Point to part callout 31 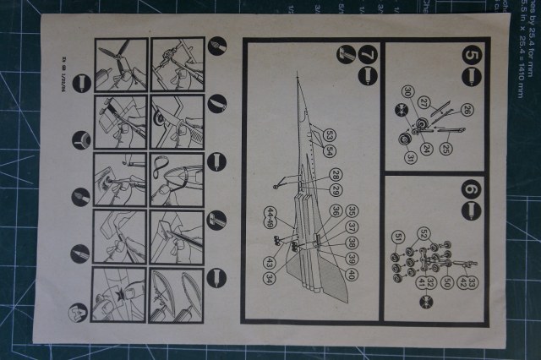coord(412,157)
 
